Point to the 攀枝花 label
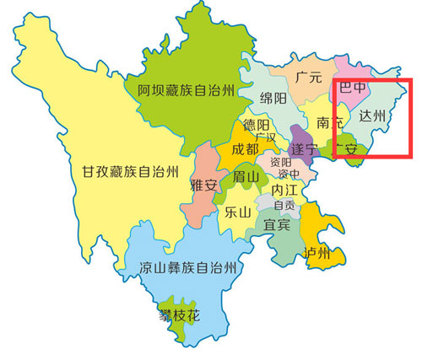click(x=181, y=317)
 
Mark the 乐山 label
click(x=239, y=212)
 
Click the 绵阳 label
click(x=273, y=99)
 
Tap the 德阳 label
click(x=257, y=125)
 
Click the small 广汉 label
click(x=266, y=137)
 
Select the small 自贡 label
click(x=284, y=206)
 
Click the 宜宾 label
click(x=277, y=225)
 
